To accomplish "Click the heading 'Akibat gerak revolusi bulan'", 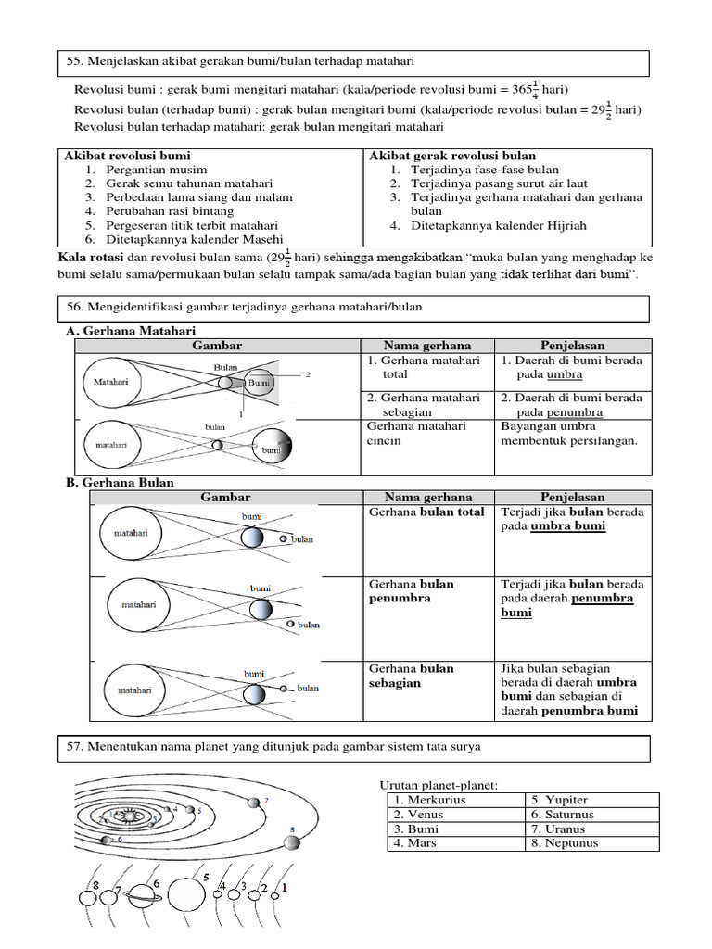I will [452, 156].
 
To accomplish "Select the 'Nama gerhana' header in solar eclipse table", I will [427, 346].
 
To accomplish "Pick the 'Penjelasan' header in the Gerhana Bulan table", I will [572, 497].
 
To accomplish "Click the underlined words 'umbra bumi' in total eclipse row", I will [567, 526].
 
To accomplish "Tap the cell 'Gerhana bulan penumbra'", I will [412, 591].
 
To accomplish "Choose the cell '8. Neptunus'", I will [566, 843].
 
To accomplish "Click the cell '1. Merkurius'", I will [429, 800].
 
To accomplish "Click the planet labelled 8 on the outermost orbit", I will [292, 841].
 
